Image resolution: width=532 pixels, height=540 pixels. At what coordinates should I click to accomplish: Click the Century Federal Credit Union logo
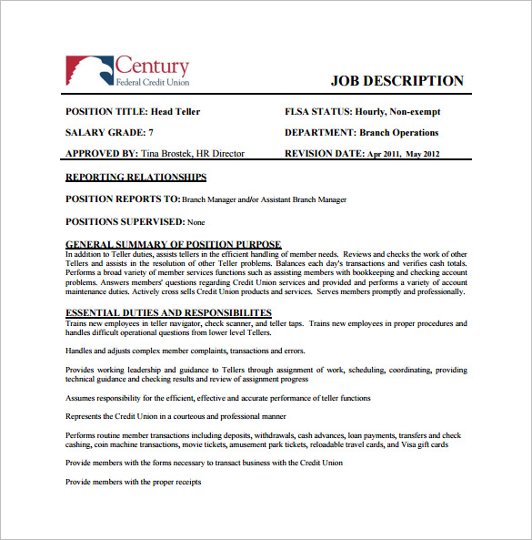(x=127, y=70)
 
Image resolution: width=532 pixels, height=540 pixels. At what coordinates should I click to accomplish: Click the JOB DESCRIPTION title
(x=396, y=81)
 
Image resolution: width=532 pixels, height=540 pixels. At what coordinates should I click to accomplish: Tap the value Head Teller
(x=176, y=112)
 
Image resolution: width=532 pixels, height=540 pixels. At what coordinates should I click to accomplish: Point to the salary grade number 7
(x=163, y=133)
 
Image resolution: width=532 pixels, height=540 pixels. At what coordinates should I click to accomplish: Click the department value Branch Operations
(x=399, y=133)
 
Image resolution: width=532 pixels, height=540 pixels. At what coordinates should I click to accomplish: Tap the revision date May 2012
(x=422, y=155)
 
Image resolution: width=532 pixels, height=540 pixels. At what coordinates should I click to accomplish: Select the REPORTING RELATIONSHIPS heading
(x=136, y=178)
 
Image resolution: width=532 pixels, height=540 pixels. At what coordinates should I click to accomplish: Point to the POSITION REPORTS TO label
(x=123, y=199)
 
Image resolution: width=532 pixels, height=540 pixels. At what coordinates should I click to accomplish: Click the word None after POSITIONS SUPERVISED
(x=196, y=222)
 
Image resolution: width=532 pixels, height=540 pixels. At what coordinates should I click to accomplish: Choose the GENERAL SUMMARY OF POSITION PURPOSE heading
(x=174, y=244)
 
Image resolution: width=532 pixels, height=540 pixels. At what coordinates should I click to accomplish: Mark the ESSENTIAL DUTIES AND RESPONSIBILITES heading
(x=169, y=313)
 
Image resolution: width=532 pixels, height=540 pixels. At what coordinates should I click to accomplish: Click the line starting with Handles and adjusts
(x=186, y=351)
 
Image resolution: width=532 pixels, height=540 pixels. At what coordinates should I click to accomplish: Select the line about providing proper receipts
(x=134, y=482)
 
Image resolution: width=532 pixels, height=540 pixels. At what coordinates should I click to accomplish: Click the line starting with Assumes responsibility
(x=218, y=398)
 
